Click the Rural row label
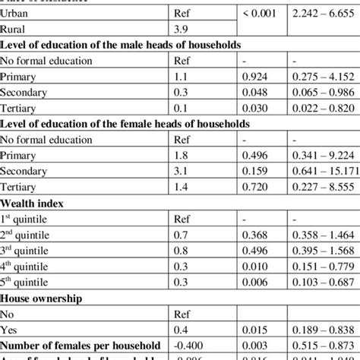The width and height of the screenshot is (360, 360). point(16,28)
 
